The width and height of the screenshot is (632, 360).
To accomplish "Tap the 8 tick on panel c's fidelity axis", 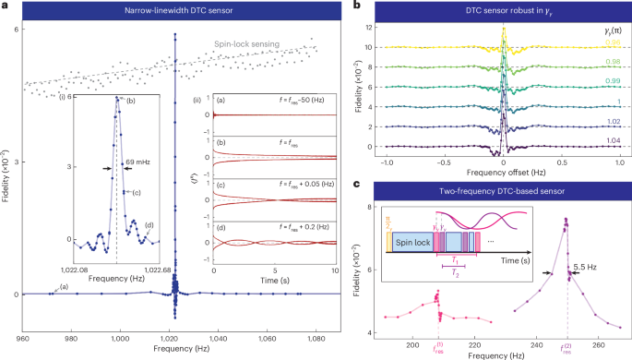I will point(367,206).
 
